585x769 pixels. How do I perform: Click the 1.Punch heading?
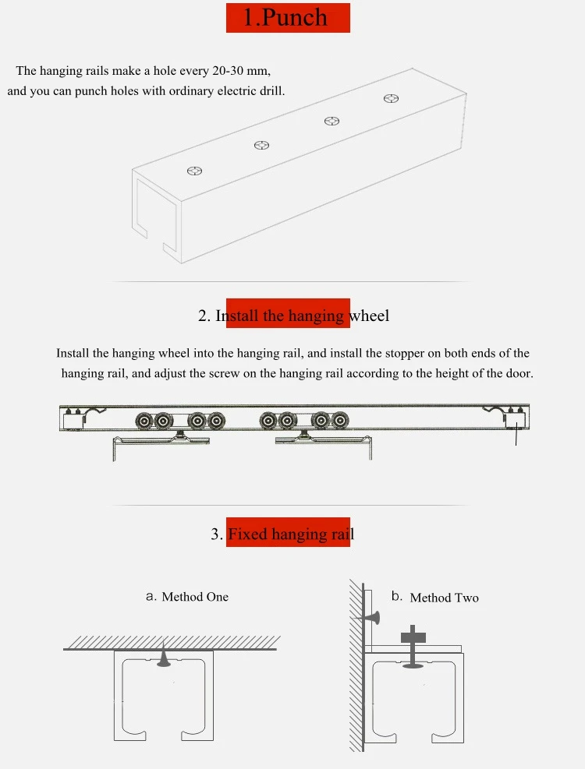285,17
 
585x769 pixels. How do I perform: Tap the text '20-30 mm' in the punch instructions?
241,71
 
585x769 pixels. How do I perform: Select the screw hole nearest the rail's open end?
195,171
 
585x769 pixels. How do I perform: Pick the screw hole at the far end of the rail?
391,99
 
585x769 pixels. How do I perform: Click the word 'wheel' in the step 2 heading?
369,316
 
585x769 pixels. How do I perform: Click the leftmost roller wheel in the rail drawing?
144,421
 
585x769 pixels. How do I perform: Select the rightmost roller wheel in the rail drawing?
340,421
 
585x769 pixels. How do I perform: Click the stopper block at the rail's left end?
73,419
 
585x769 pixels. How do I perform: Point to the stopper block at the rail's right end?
514,419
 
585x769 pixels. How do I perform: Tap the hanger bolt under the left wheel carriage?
181,435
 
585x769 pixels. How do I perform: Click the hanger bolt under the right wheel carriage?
304,435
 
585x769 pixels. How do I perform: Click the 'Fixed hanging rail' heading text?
291,534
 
